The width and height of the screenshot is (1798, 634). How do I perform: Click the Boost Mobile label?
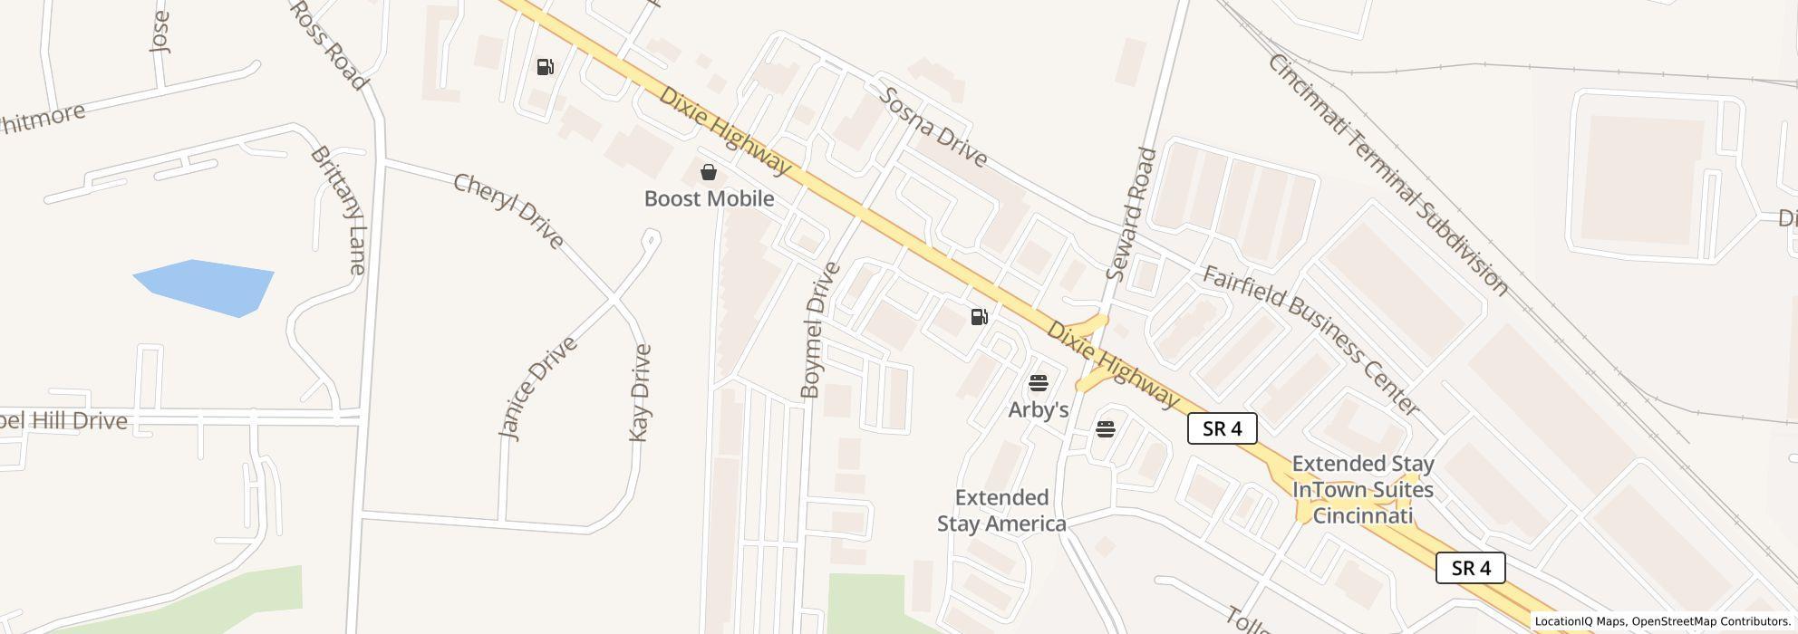[x=709, y=198]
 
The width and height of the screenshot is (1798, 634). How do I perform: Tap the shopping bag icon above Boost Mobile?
[x=709, y=171]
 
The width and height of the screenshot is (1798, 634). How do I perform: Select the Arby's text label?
[x=1039, y=410]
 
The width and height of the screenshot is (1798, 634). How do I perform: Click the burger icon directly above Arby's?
[x=1039, y=383]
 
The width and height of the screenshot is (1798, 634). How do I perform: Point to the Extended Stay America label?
[x=1001, y=511]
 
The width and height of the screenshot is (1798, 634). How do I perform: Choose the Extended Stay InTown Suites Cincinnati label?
[x=1363, y=490]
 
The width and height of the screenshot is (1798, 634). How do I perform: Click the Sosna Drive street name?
[x=933, y=127]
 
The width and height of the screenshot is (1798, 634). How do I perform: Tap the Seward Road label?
[x=1133, y=213]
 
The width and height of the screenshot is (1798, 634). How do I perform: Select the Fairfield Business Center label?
[x=1310, y=340]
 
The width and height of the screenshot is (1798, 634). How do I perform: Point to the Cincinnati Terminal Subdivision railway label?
[x=1387, y=175]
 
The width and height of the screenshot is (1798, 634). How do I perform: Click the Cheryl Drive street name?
[x=508, y=211]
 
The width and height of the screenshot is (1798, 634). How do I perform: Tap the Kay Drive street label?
[x=641, y=393]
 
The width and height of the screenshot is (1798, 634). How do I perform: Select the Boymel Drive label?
[x=821, y=331]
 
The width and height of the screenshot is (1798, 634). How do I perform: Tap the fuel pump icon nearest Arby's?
[x=979, y=317]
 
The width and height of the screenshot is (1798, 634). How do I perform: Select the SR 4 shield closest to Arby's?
[x=1222, y=429]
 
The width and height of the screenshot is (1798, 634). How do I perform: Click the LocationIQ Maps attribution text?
[x=1578, y=622]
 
